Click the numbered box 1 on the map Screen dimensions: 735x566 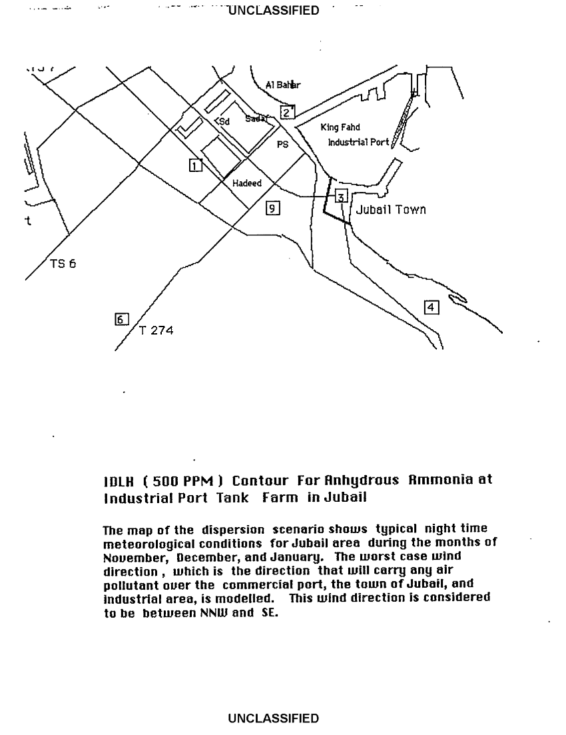point(195,165)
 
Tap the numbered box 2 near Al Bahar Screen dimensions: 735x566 point(287,112)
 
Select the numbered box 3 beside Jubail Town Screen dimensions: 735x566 point(341,196)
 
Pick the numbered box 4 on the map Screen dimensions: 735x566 point(431,307)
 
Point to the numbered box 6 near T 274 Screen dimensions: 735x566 point(121,319)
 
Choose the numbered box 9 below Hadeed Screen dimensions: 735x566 point(272,208)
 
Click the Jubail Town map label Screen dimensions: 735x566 point(391,210)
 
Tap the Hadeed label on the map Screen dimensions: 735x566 point(246,184)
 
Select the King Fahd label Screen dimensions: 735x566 point(340,127)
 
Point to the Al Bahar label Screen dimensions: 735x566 point(282,85)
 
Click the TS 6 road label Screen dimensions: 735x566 point(63,263)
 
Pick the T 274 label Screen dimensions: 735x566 point(156,330)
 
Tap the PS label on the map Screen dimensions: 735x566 point(282,144)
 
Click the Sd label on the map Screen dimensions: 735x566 point(224,122)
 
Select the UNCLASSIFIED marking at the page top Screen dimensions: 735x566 point(273,11)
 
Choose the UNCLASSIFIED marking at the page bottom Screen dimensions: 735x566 point(273,718)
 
